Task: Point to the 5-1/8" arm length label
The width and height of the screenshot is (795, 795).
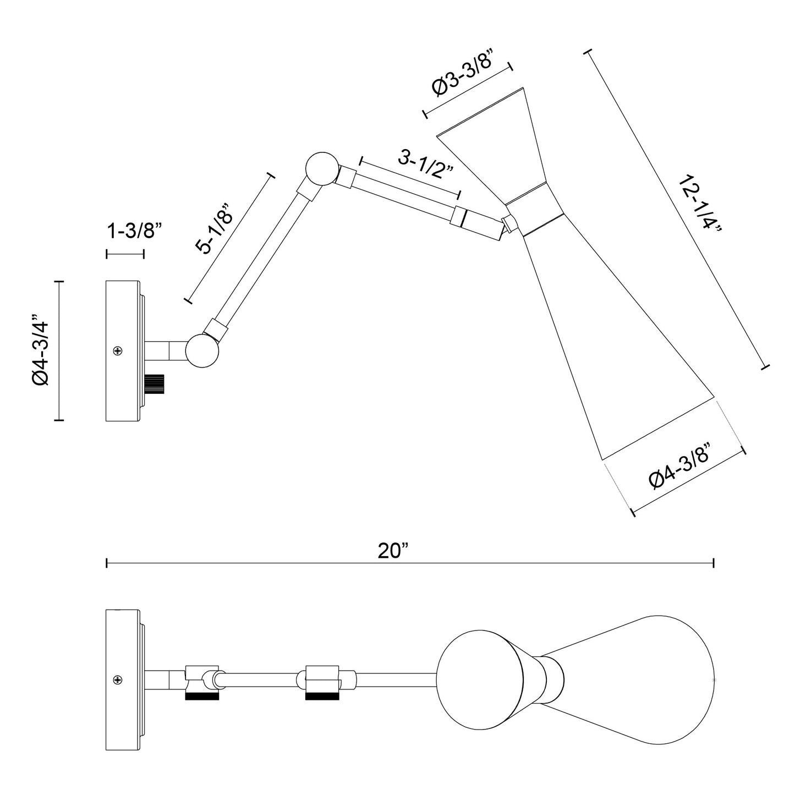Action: click(216, 228)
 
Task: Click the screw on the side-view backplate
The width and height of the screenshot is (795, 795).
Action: click(117, 350)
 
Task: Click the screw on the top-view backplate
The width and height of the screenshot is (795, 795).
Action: click(117, 680)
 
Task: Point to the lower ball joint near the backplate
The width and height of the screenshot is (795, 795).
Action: click(202, 350)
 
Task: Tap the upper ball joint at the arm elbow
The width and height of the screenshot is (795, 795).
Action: click(321, 168)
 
